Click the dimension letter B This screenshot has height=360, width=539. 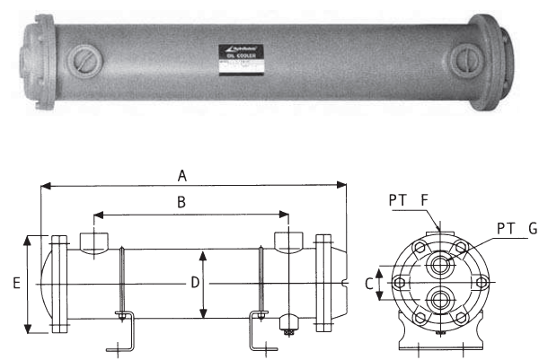181,203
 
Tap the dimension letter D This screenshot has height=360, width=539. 192,284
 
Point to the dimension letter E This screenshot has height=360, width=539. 17,284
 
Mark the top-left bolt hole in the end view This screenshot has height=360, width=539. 418,248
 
